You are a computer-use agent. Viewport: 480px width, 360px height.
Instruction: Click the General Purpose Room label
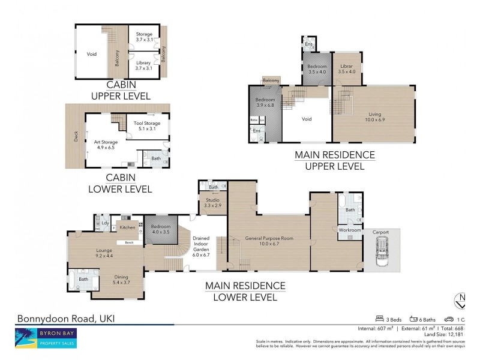[269, 241]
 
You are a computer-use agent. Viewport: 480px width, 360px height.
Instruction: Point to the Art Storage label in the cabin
[104, 145]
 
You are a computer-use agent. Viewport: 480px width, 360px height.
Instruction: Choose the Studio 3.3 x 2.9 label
[212, 203]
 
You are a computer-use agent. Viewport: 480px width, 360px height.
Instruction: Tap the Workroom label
[349, 230]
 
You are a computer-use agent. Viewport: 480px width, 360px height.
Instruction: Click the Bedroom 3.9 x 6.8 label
[265, 103]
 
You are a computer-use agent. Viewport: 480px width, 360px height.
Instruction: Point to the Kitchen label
[127, 227]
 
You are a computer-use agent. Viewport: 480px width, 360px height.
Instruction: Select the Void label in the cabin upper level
[91, 53]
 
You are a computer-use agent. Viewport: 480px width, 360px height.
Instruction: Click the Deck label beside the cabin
[76, 137]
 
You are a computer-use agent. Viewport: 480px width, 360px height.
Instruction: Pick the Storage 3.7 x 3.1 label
[144, 37]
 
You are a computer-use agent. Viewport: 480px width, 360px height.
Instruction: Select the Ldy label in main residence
[104, 223]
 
